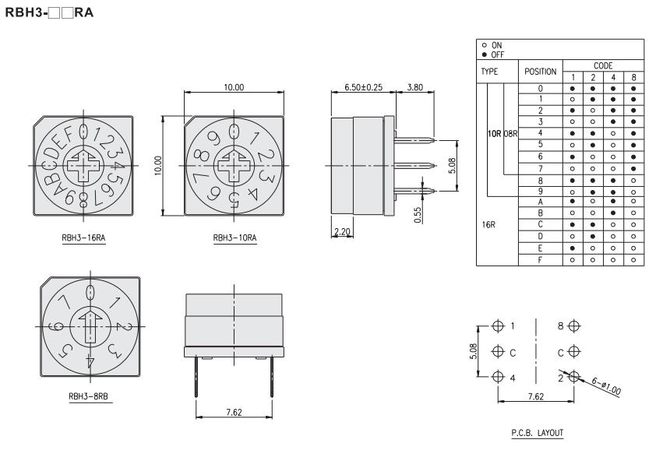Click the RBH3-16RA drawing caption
(83, 238)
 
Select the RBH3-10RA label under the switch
(235, 238)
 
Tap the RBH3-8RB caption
(89, 396)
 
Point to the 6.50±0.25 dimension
(364, 87)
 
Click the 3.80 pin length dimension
(415, 87)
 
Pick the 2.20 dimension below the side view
(342, 231)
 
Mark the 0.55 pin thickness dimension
(418, 215)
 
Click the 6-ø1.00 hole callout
(606, 385)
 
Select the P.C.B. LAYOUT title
(537, 433)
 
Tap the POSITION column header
(541, 72)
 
